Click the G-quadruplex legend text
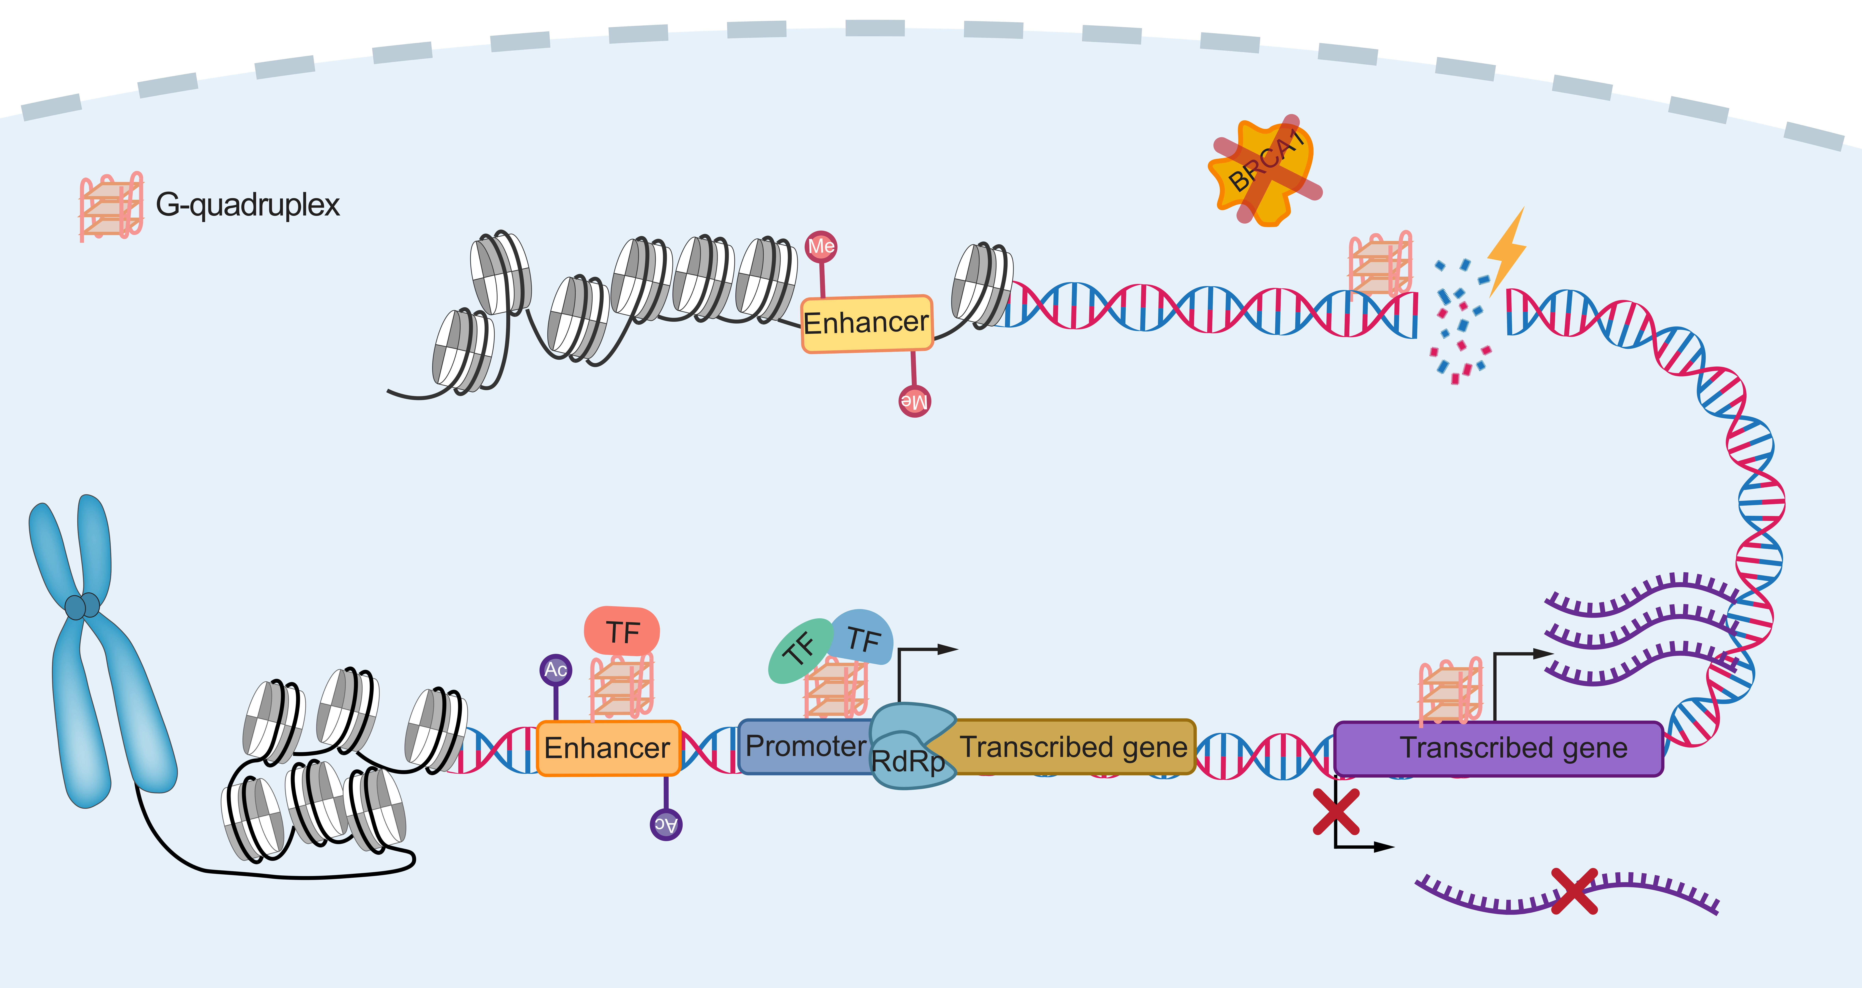point(247,205)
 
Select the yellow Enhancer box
point(867,323)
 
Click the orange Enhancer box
point(607,748)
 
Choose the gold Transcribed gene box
point(1073,746)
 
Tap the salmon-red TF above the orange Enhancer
point(622,631)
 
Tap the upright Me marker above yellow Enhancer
point(821,247)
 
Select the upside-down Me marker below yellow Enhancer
point(914,401)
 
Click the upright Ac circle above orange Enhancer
point(555,670)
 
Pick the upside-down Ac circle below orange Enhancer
point(666,824)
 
